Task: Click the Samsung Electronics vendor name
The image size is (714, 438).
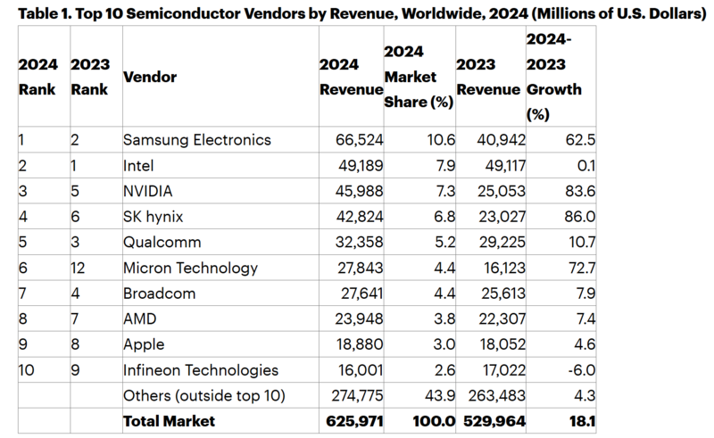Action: (195, 140)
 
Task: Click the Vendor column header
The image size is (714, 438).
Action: (149, 77)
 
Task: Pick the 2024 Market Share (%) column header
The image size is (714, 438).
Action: (418, 78)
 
